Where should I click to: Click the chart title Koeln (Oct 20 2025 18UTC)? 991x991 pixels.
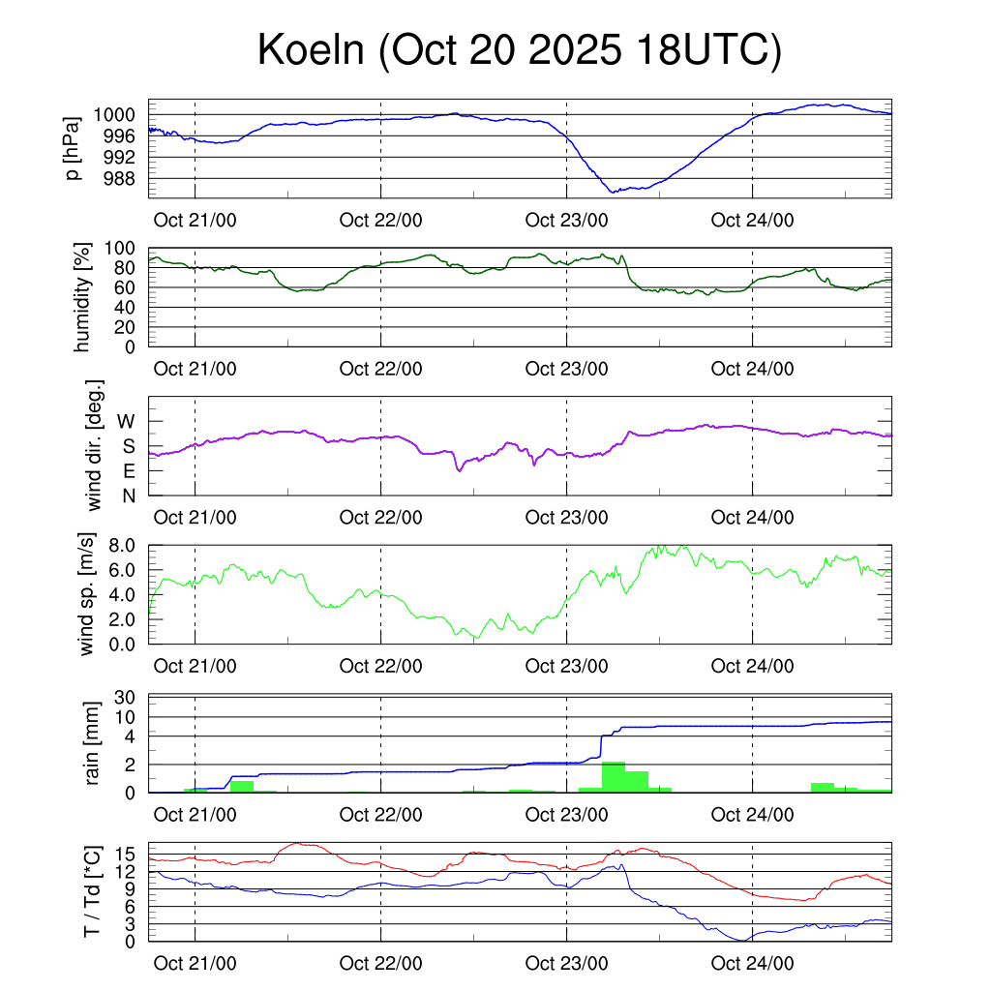click(519, 51)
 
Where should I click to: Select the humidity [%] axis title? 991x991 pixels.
click(83, 297)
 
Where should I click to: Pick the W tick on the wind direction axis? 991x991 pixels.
click(127, 421)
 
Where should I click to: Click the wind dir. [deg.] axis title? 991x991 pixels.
click(94, 445)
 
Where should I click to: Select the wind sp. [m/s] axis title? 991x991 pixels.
click(88, 593)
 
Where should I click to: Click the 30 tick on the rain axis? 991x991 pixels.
click(129, 697)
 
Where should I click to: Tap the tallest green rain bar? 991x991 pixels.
click(613, 777)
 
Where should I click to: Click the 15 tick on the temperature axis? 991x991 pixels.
click(129, 855)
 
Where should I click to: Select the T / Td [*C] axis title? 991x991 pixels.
click(93, 890)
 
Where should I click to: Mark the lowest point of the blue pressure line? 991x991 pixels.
click(612, 192)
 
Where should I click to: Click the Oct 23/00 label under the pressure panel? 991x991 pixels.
click(566, 220)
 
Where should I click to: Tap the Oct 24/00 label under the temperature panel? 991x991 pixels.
click(752, 963)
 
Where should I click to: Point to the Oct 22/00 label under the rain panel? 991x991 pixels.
click(380, 815)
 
